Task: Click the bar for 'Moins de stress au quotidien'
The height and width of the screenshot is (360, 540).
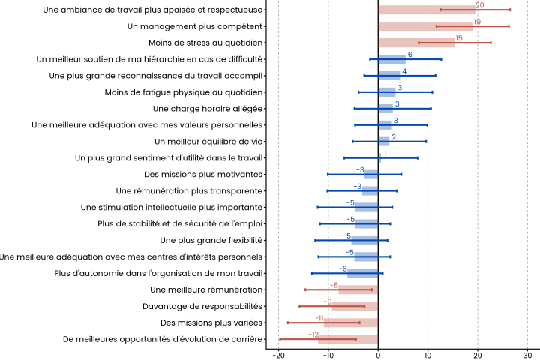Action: (x=416, y=43)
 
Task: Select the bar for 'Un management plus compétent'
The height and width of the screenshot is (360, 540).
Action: (x=425, y=26)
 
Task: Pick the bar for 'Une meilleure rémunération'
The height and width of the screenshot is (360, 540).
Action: (x=358, y=289)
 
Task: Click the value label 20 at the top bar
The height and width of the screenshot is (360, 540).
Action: (x=480, y=5)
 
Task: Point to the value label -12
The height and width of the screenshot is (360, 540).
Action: (x=314, y=334)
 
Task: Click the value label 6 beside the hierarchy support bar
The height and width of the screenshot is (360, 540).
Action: (x=409, y=55)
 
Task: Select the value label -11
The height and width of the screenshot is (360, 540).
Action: (x=319, y=318)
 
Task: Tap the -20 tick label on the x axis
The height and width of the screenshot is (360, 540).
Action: (x=278, y=355)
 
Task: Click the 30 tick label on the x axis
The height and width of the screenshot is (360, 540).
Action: (x=527, y=355)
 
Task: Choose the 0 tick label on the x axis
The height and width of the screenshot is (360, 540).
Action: (x=378, y=355)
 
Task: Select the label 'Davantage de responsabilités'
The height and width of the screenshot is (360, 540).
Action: (x=202, y=306)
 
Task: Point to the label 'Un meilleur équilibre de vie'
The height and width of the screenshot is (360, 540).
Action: (x=208, y=142)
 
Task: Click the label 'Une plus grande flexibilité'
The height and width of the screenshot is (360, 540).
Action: (x=211, y=240)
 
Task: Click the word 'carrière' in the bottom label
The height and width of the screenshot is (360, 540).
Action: (x=244, y=339)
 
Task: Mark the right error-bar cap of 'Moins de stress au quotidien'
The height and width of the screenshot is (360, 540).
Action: (x=491, y=43)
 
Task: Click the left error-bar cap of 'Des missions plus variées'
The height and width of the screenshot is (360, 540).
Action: (x=287, y=322)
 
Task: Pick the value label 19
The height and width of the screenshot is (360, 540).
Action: (x=477, y=22)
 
